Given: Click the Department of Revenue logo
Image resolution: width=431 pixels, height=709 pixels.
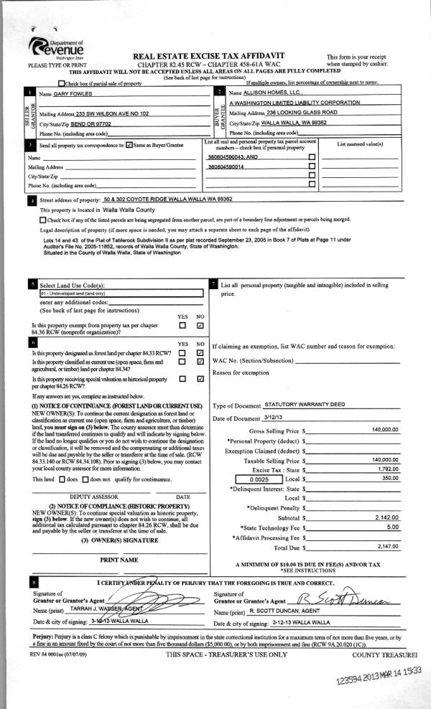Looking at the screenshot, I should coord(57,47).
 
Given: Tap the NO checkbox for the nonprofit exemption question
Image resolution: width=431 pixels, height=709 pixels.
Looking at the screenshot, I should coord(200,325).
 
